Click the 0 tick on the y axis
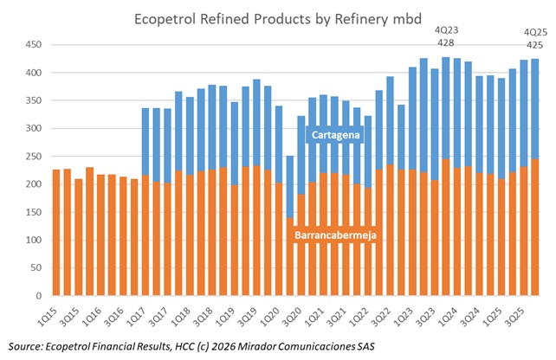coord(37,296)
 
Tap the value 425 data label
coord(535,44)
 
